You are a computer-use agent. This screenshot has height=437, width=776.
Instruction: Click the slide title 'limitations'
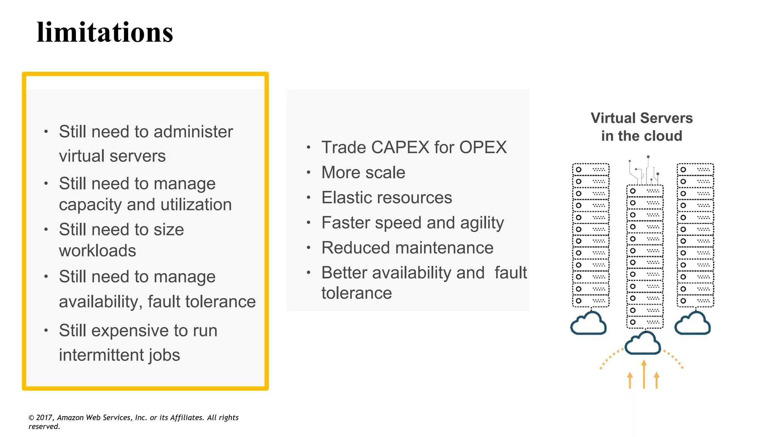105,33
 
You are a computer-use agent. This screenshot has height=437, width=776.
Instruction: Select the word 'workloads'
97,251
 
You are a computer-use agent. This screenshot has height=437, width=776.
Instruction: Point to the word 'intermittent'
101,355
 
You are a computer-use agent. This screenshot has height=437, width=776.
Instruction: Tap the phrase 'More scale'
363,173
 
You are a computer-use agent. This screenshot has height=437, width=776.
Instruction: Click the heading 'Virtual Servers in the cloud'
641,127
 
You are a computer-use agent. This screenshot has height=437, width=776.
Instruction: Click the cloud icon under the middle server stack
643,343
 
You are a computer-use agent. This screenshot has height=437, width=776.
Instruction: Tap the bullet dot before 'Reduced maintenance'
308,248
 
